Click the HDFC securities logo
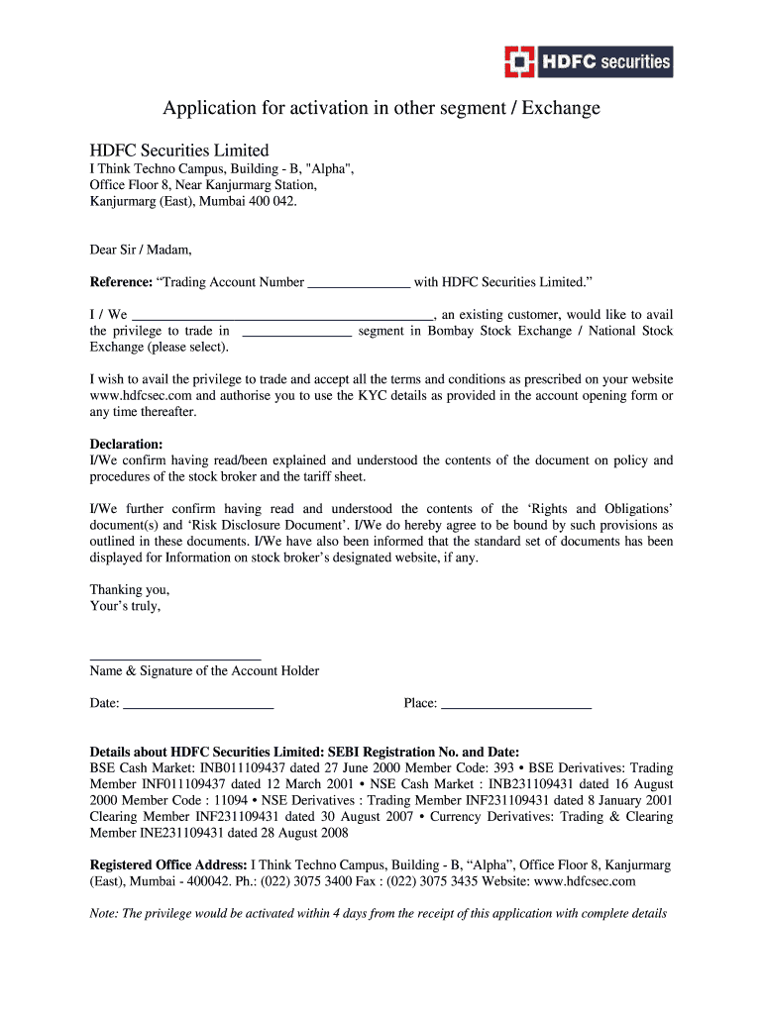588,61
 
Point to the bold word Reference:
121,282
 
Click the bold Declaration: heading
126,445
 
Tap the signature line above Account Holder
175,657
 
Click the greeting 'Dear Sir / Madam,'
141,250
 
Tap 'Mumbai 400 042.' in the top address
248,201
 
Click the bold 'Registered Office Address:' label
168,864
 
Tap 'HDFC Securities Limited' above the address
179,151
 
